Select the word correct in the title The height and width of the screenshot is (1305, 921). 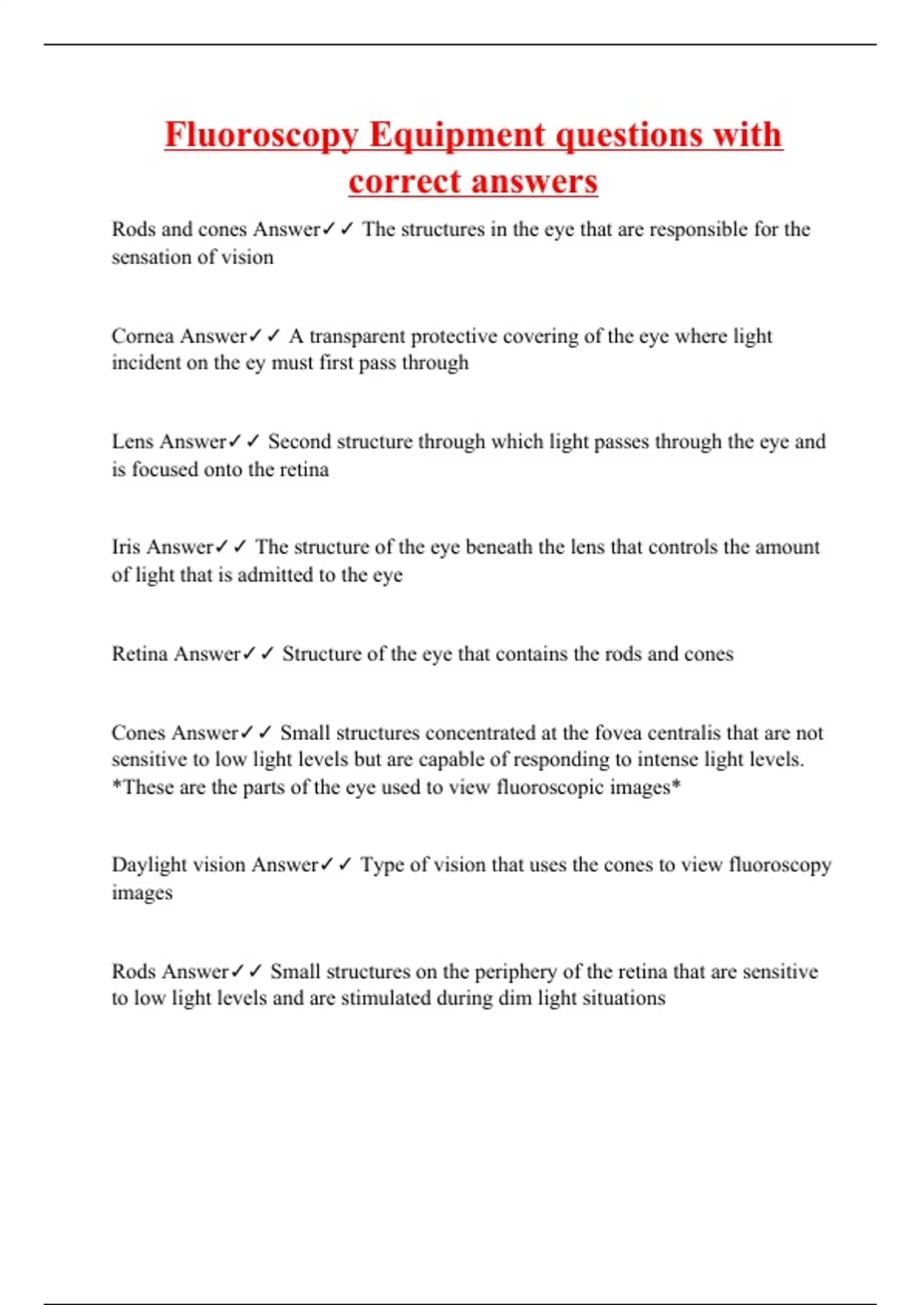(404, 182)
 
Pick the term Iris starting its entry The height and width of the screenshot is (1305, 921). (126, 547)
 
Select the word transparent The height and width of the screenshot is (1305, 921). (358, 336)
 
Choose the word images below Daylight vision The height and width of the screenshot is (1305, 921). (142, 893)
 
